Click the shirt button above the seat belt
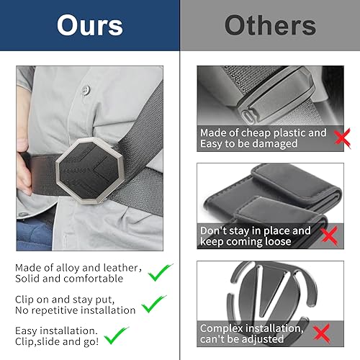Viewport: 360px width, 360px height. point(85,90)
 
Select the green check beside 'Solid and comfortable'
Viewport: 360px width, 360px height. point(159,273)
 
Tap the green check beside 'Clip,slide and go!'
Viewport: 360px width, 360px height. point(116,336)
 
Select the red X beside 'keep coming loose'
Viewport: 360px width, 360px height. point(328,236)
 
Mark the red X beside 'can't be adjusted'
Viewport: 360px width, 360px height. point(322,333)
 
